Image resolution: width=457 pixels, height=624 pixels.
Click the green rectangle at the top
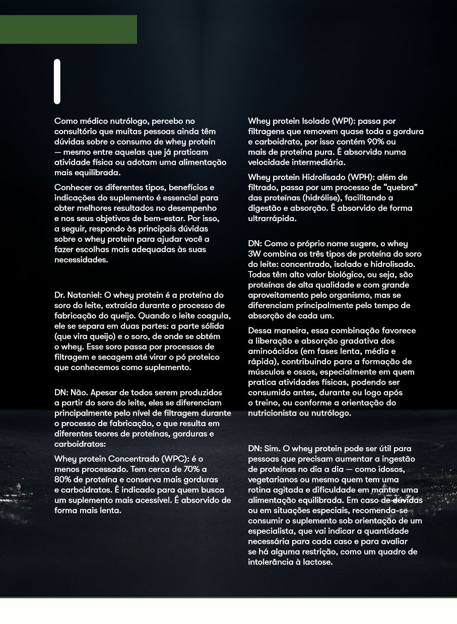pos(68,29)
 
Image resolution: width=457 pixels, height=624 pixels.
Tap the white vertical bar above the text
pos(57,82)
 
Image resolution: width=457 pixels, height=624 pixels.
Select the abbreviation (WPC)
pos(175,459)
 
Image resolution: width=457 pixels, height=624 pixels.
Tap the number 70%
pos(192,469)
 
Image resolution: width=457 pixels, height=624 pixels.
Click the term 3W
pos(254,254)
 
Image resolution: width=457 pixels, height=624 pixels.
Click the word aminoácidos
pos(272,352)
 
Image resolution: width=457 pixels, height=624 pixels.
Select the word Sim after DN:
pos(273,449)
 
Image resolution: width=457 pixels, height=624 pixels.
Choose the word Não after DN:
pos(79,392)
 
